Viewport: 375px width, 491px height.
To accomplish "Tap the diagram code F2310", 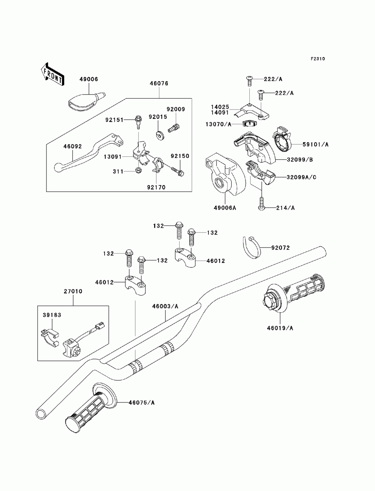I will pos(317,59).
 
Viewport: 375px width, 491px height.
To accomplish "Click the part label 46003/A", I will pos(165,306).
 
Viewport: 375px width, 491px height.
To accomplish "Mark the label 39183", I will pos(52,315).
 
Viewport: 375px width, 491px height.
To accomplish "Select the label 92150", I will pos(180,156).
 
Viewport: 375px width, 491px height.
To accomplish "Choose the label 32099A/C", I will pos(301,177).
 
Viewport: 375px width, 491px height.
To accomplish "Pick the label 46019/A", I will pos(280,328).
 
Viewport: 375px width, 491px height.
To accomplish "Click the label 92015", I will pos(157,117).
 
